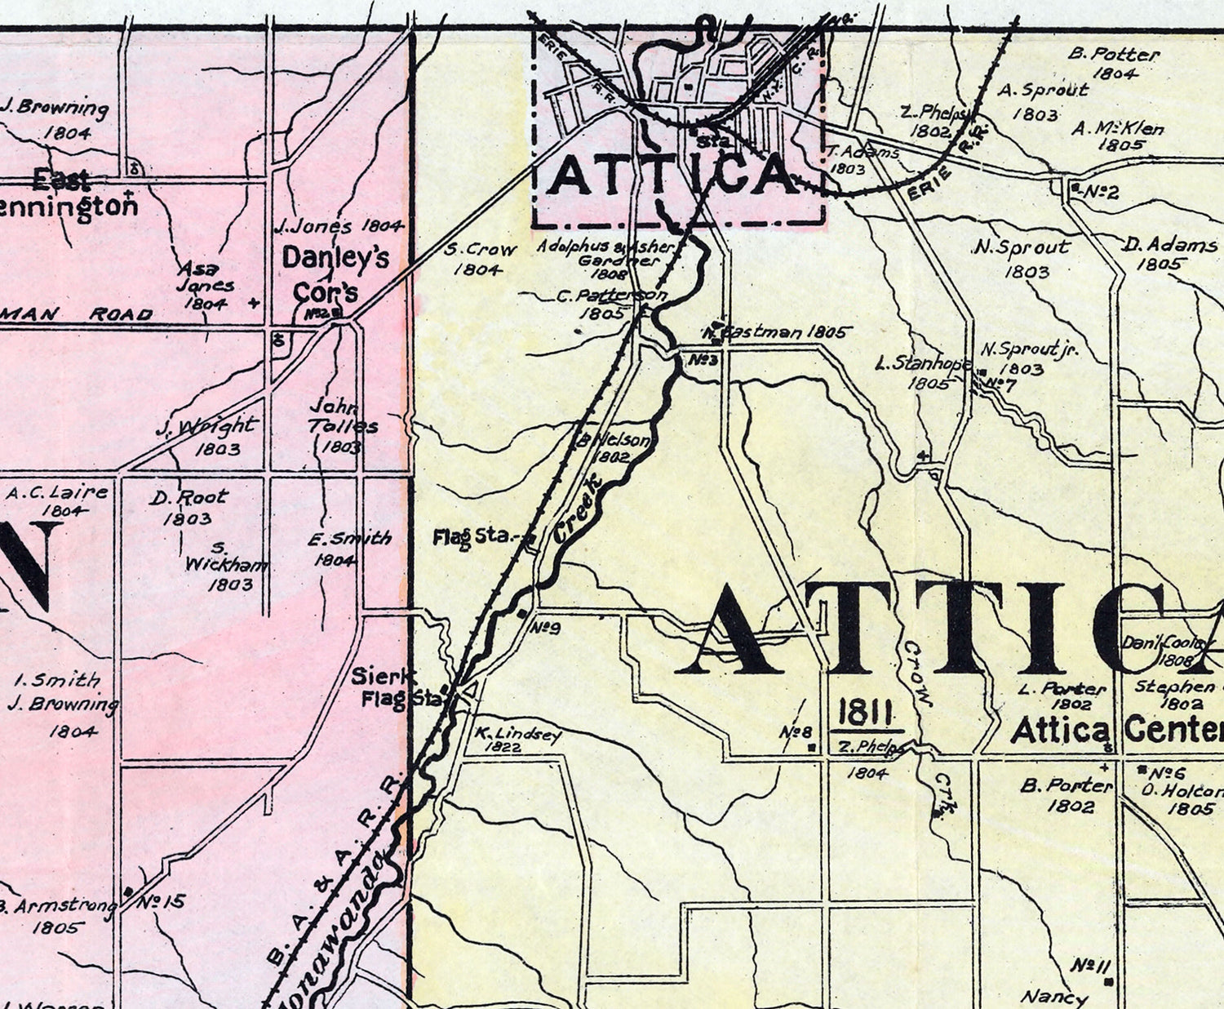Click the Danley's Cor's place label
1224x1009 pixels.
pyautogui.click(x=335, y=274)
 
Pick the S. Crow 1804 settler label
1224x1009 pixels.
pyautogui.click(x=480, y=259)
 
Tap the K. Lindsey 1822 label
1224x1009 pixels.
pyautogui.click(x=518, y=739)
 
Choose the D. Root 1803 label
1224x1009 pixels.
pyautogui.click(x=188, y=507)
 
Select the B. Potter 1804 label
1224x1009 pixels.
pyautogui.click(x=1115, y=64)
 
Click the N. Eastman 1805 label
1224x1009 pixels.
pyautogui.click(x=775, y=332)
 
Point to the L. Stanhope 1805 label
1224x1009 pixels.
pyautogui.click(x=924, y=372)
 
